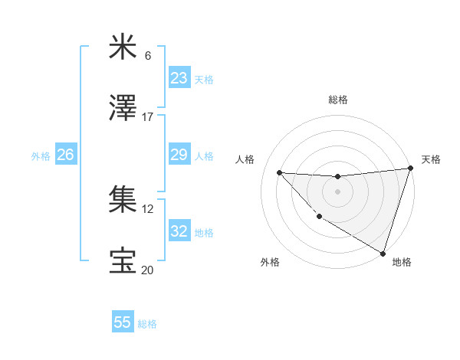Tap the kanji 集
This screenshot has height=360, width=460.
coord(123,200)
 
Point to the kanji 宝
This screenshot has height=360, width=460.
coord(123,261)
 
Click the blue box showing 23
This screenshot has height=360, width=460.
coord(179,77)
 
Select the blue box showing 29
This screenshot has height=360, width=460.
coord(179,155)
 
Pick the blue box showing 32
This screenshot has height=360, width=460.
coord(179,231)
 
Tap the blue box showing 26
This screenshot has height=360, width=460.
coord(65,155)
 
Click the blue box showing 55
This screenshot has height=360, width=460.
coord(123,322)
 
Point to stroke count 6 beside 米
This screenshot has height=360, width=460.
coord(148,56)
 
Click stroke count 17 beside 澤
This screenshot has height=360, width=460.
coord(148,117)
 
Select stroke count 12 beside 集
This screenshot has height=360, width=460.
coord(148,208)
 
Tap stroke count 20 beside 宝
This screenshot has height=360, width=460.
coord(148,270)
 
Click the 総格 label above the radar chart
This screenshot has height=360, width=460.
coord(338,100)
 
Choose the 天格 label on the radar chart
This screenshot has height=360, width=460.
coord(431,159)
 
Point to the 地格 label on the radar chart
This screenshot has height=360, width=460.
coord(402,262)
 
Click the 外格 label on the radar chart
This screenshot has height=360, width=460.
coord(270,262)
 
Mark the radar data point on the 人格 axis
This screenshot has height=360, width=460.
coord(280,172)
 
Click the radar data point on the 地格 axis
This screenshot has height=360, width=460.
coord(383,253)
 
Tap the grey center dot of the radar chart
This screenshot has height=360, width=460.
coord(337,191)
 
